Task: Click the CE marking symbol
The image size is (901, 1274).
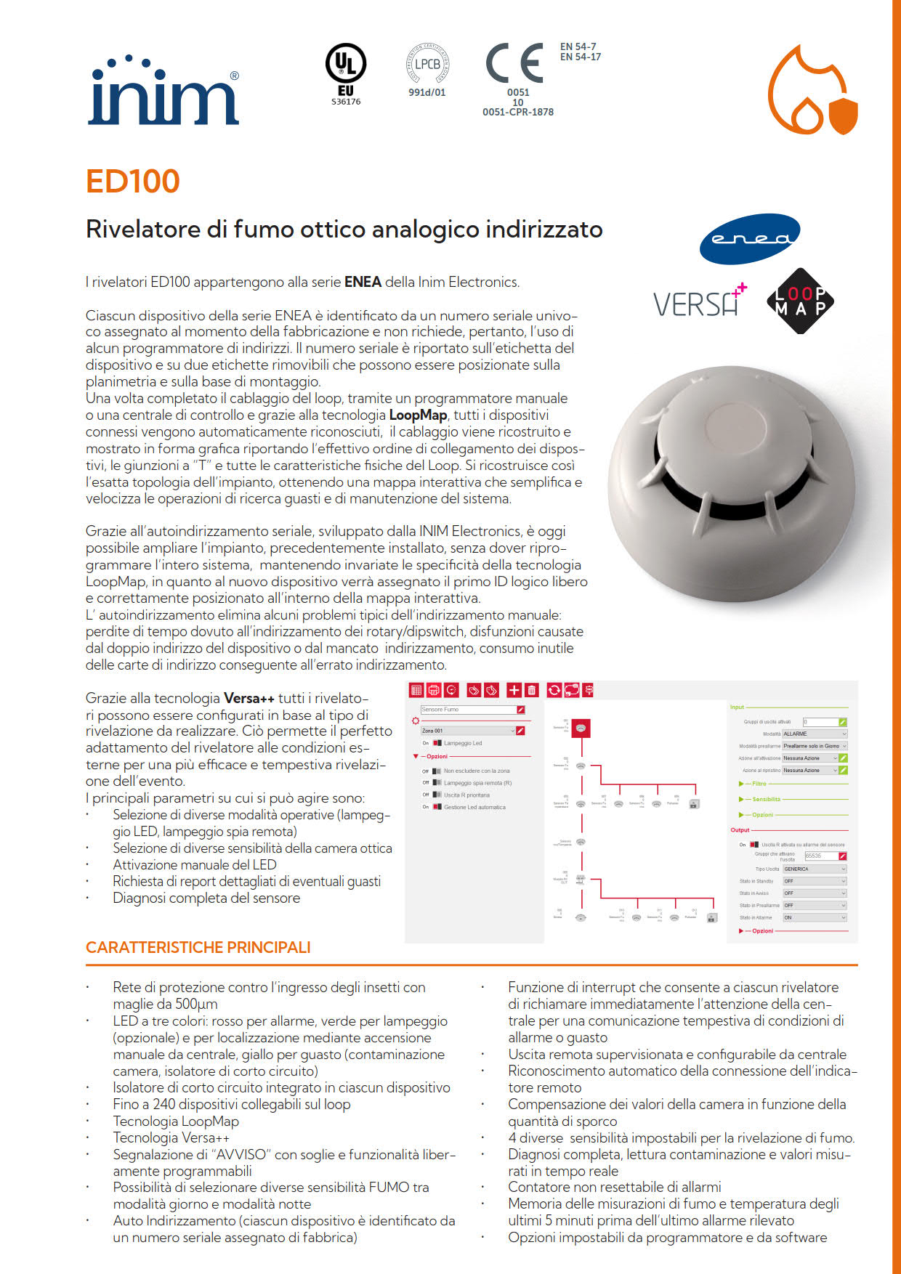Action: (515, 63)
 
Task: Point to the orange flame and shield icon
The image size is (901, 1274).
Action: (813, 90)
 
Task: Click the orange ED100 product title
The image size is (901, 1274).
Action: (132, 182)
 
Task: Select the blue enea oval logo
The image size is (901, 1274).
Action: (749, 239)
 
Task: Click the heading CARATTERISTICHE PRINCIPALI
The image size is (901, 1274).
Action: (198, 947)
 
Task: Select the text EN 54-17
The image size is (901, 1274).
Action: (581, 57)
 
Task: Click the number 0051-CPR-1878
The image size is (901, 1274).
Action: (518, 113)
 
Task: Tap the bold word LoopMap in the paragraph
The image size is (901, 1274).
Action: (418, 415)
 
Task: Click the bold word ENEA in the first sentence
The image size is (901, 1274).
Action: (363, 282)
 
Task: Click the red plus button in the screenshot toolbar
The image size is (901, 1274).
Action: (514, 690)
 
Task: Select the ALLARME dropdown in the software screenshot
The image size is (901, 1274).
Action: (815, 734)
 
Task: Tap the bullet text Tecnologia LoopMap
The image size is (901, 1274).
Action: (176, 1121)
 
